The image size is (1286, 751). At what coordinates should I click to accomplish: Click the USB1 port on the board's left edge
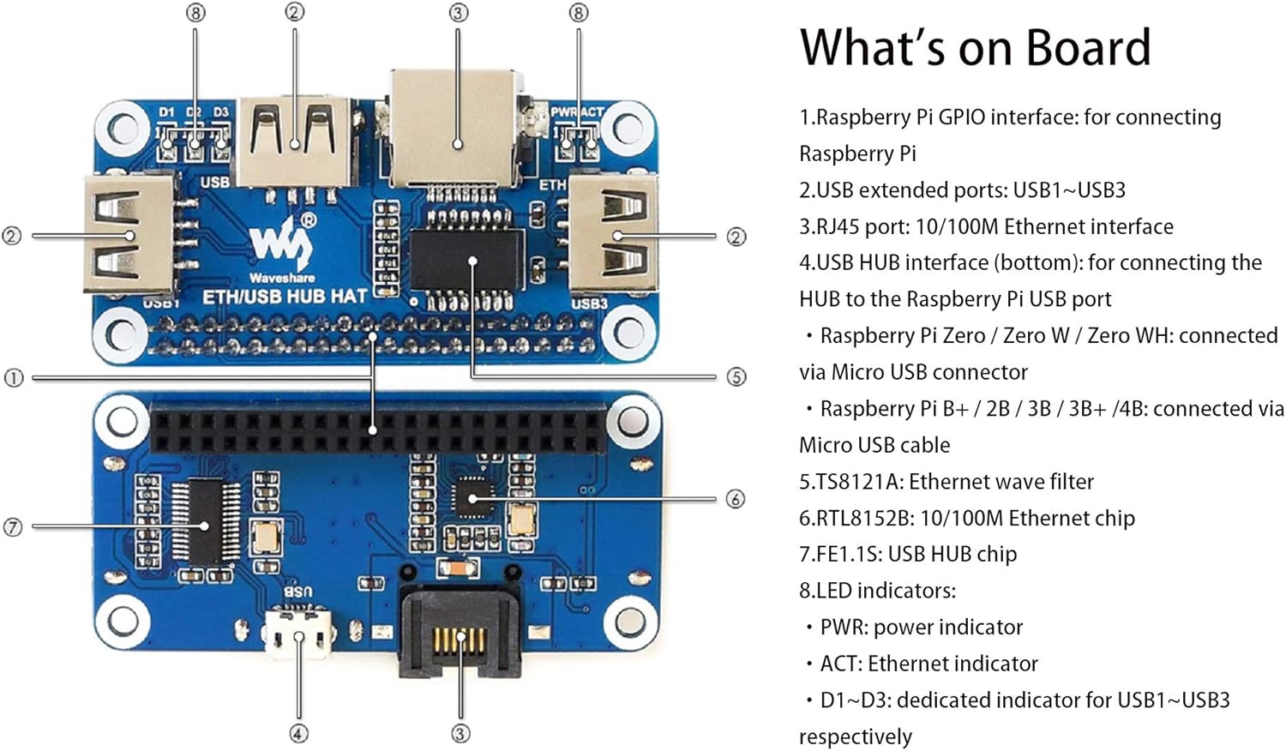[129, 234]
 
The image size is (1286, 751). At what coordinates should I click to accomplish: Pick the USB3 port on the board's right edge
[612, 234]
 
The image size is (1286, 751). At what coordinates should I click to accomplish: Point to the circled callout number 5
[736, 376]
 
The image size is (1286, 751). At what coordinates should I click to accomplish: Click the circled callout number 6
[735, 499]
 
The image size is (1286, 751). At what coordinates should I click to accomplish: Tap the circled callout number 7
[13, 527]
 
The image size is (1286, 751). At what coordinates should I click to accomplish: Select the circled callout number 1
[13, 377]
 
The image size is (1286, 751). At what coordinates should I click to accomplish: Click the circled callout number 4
[298, 734]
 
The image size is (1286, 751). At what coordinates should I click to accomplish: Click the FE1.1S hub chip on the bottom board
[204, 522]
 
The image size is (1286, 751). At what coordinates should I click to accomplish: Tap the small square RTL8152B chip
[471, 498]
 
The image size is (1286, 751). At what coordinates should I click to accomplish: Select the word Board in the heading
[1088, 48]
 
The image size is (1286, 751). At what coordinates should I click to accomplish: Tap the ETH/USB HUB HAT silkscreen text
[285, 297]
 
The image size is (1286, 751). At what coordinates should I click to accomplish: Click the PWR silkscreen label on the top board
[563, 112]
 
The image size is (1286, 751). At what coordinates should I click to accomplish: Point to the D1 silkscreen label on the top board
[166, 112]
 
